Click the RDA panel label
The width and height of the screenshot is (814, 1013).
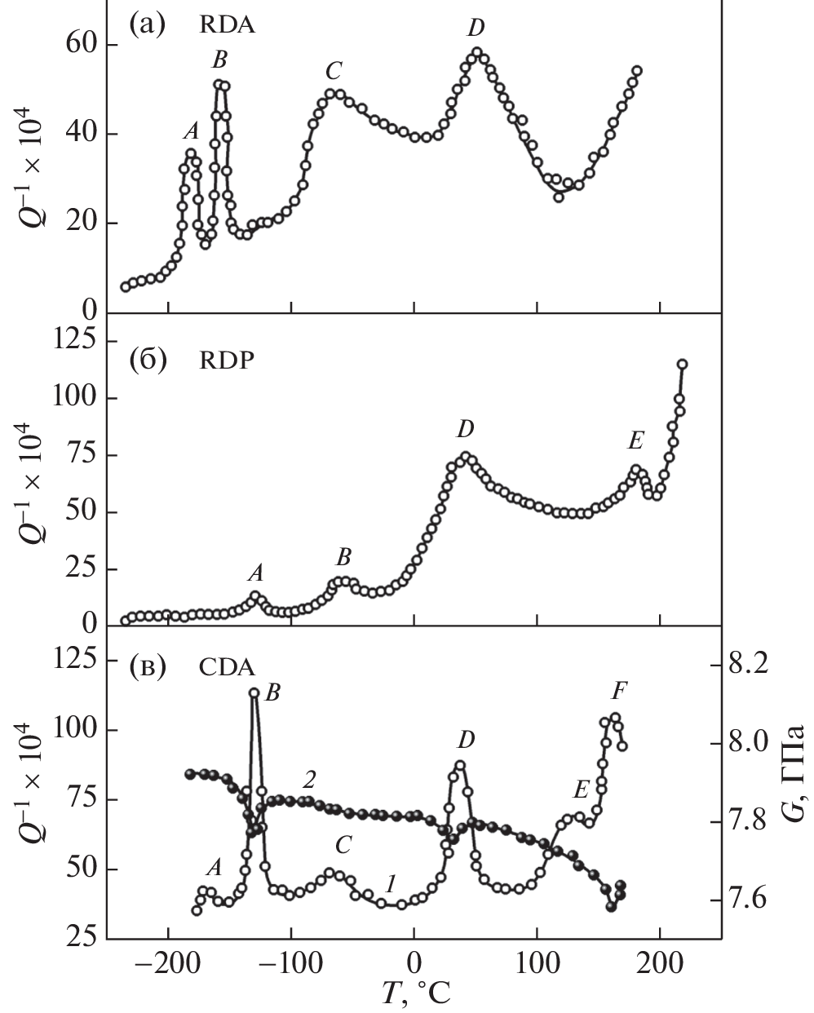tap(228, 25)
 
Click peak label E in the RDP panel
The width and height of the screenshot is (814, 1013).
tap(635, 442)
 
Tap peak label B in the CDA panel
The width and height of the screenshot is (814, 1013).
tap(273, 694)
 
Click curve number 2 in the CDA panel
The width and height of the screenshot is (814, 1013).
tap(309, 780)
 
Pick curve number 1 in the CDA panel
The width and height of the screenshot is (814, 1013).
tap(391, 883)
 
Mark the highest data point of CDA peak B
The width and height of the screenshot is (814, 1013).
tap(254, 692)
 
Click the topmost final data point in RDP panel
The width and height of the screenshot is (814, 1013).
tap(683, 364)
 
